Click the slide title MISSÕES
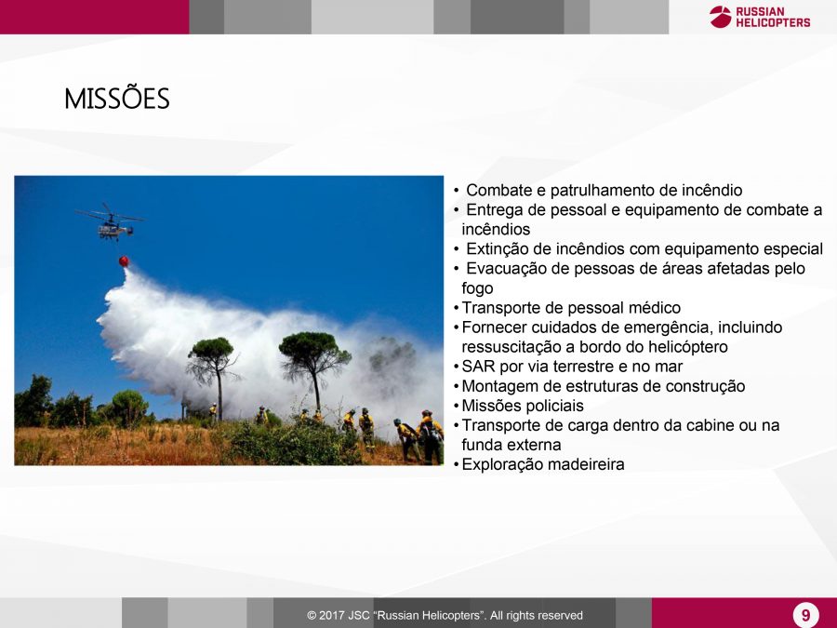pyautogui.click(x=117, y=99)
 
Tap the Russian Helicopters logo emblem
pyautogui.click(x=720, y=17)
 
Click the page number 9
pyautogui.click(x=805, y=615)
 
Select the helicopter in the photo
pyautogui.click(x=110, y=222)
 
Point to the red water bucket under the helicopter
pyautogui.click(x=124, y=261)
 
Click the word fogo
pyautogui.click(x=477, y=289)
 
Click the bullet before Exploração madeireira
pyautogui.click(x=457, y=465)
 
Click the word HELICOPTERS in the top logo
pyautogui.click(x=773, y=22)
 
